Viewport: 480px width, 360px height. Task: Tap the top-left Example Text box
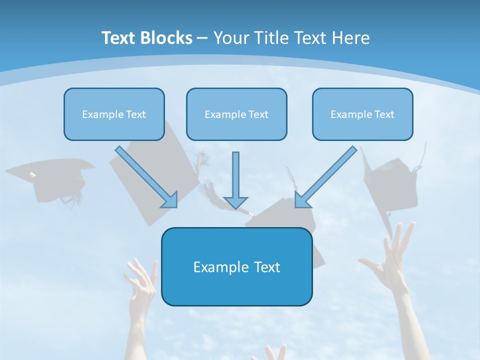(114, 114)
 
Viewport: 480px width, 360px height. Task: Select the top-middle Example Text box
(236, 114)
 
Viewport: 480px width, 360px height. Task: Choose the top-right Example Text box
(362, 114)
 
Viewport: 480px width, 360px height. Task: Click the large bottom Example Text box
(236, 267)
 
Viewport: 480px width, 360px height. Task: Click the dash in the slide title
(202, 38)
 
